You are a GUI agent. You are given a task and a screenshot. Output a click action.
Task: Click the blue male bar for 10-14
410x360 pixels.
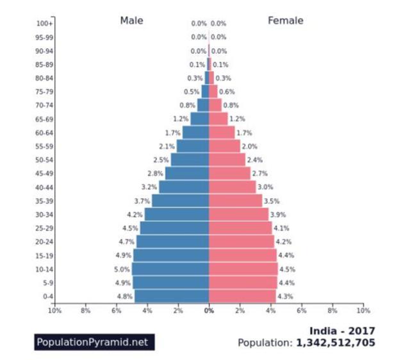click(170, 268)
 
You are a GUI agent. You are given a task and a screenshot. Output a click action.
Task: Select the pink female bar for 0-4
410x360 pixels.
click(242, 296)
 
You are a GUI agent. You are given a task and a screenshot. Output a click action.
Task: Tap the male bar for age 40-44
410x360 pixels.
click(184, 187)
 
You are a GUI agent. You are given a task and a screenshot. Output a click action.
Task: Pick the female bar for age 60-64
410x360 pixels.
click(222, 133)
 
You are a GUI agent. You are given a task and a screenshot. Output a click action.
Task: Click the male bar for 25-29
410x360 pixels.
click(174, 227)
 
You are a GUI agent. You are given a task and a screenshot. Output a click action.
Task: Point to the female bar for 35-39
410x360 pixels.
click(235, 200)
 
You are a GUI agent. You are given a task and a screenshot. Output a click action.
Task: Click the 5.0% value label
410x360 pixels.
click(122, 269)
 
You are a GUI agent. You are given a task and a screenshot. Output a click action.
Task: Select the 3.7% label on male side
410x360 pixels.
click(142, 201)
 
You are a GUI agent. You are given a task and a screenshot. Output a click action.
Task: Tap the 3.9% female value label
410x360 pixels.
click(278, 215)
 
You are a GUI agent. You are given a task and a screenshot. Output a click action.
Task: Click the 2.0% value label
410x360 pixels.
click(249, 147)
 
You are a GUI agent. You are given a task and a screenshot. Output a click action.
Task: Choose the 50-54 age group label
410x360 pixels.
click(44, 160)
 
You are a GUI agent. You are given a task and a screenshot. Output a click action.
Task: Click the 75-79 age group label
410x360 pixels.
click(44, 92)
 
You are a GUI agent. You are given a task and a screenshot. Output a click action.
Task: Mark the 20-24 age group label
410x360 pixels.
click(44, 241)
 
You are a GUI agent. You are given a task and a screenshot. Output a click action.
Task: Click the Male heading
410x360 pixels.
click(132, 21)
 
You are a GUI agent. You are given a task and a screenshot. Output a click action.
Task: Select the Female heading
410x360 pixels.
click(285, 21)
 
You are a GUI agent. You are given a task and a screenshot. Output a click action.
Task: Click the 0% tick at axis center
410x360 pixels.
click(209, 311)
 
